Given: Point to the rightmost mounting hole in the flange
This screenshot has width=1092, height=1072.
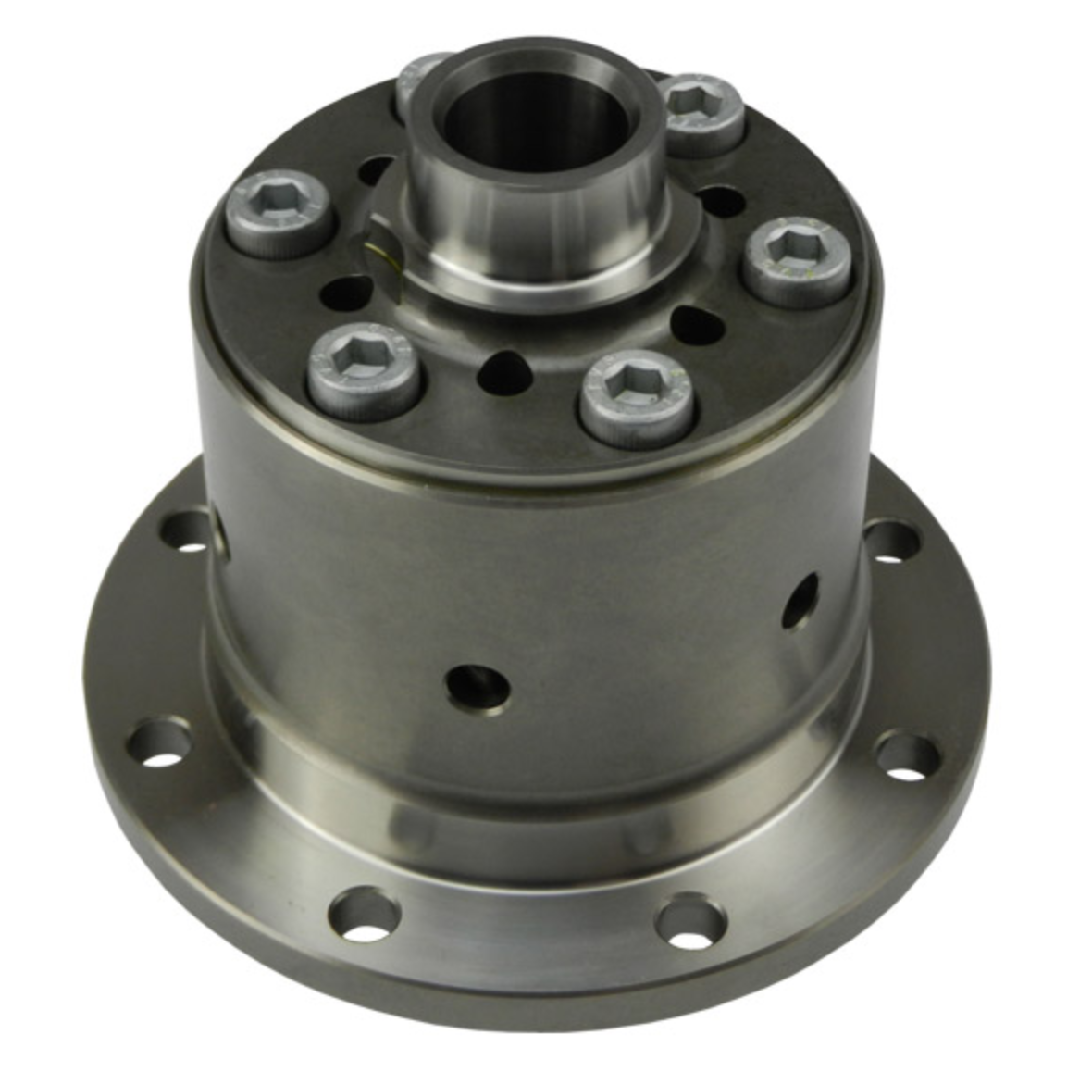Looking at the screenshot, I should [907, 754].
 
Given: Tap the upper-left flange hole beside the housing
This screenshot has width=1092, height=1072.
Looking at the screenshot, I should [187, 532].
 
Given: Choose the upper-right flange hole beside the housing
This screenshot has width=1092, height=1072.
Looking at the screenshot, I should [892, 541].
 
